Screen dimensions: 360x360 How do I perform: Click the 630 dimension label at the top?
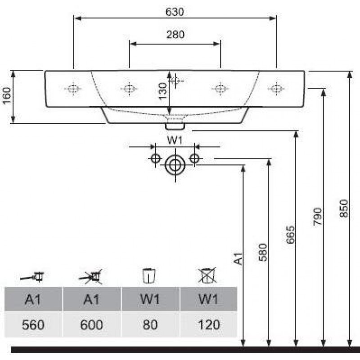pyautogui.click(x=175, y=12)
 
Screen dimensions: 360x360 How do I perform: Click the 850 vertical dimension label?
pyautogui.click(x=344, y=208)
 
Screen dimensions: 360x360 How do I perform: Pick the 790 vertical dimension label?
pyautogui.click(x=318, y=216)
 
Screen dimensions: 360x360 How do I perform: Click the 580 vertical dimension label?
pyautogui.click(x=263, y=252)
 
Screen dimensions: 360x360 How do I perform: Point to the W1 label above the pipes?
pyautogui.click(x=175, y=140)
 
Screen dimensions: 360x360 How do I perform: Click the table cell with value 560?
pyautogui.click(x=33, y=324)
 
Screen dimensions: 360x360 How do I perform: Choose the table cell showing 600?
pyautogui.click(x=92, y=324)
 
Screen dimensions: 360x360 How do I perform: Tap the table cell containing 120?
pyautogui.click(x=208, y=324)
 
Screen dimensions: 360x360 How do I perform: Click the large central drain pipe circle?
pyautogui.click(x=174, y=165)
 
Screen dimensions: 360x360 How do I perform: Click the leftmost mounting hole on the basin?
pyautogui.click(x=73, y=89)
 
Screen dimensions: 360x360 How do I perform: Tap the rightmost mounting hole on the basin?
pyautogui.click(x=276, y=89)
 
